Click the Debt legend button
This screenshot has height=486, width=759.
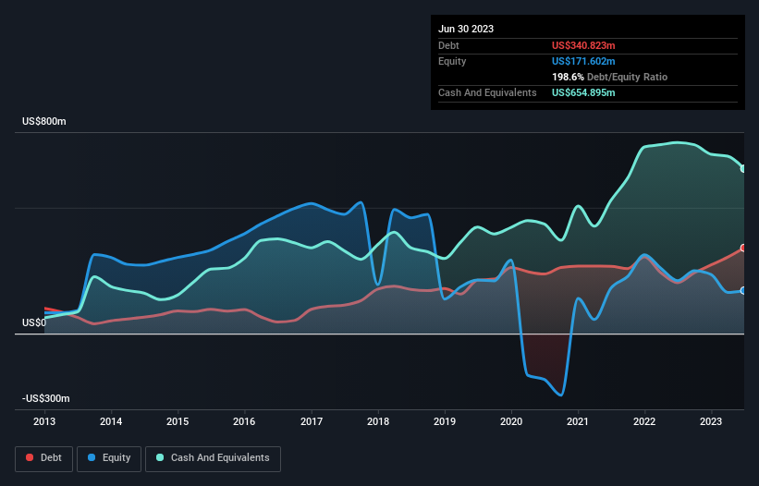point(43,457)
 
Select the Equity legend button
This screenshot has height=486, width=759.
point(109,457)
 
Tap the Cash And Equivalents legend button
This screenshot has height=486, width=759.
point(213,457)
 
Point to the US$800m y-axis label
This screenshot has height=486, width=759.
point(45,122)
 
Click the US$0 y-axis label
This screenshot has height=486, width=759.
point(33,322)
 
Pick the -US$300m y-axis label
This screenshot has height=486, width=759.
point(46,398)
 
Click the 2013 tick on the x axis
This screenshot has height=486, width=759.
point(44,421)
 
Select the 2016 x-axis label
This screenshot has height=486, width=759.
point(244,421)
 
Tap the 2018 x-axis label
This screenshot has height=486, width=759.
point(378,421)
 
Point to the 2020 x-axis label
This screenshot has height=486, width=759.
point(511,421)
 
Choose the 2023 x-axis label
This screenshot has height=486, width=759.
point(712,421)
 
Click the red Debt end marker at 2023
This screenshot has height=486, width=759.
point(743,249)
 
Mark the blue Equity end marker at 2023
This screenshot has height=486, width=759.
point(743,290)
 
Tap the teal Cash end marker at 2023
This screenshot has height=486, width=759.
point(743,168)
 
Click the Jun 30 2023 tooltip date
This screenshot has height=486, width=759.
point(466,29)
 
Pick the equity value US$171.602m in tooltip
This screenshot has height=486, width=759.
point(583,61)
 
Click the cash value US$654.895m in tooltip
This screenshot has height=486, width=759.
point(583,93)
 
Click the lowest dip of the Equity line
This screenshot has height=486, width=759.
point(560,395)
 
